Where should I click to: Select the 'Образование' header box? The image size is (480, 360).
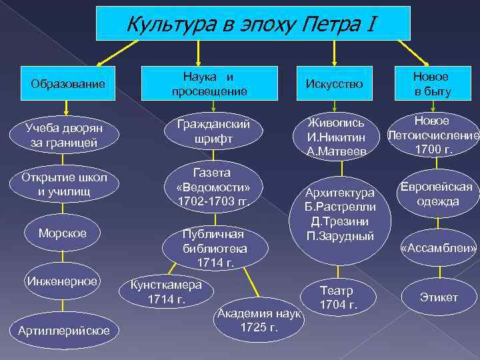pos(68,84)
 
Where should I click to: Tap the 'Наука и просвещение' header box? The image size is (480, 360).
pos(209,83)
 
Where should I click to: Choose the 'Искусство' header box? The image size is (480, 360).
pos(334,83)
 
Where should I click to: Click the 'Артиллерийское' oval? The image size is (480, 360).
pos(64,330)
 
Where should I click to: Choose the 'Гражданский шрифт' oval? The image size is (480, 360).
pos(213,131)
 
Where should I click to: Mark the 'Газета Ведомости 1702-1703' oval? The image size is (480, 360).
pos(213,186)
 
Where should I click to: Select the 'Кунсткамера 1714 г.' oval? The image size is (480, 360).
pos(166,291)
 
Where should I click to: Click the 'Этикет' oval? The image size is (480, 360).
pos(439,297)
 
